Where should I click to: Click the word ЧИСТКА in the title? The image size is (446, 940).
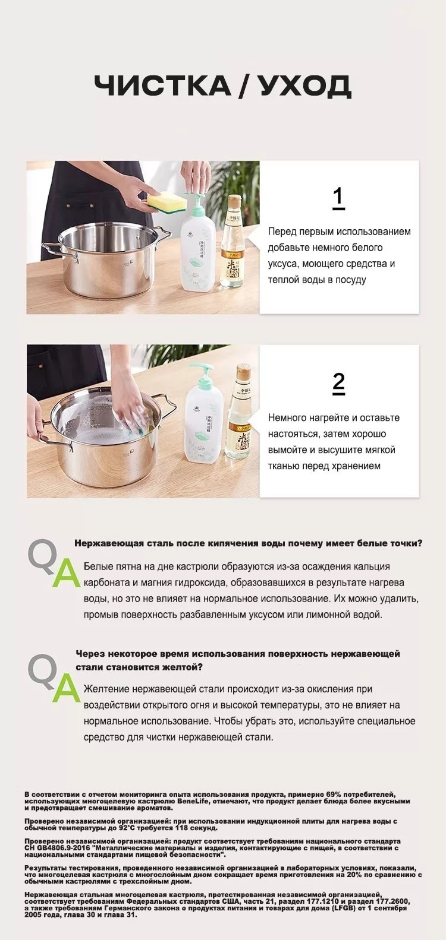(162, 86)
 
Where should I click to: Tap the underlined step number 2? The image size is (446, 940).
(338, 383)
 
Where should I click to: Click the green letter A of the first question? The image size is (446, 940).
(66, 573)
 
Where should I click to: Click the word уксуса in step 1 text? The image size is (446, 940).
(282, 264)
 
